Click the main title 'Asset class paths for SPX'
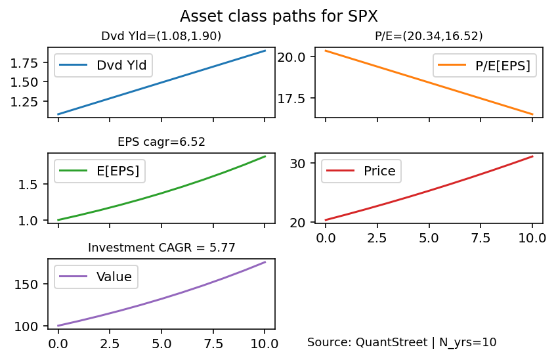pyautogui.click(x=279, y=16)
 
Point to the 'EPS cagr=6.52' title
pyautogui.click(x=161, y=142)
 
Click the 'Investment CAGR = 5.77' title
pyautogui.click(x=161, y=248)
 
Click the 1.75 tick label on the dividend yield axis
pyautogui.click(x=24, y=63)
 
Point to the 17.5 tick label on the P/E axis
pyautogui.click(x=291, y=99)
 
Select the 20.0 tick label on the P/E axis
pyautogui.click(x=291, y=56)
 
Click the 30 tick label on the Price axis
pyautogui.click(x=298, y=164)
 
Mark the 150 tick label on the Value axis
pyautogui.click(x=26, y=284)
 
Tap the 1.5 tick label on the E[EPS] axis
pyautogui.click(x=28, y=185)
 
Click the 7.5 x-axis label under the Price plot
pyautogui.click(x=481, y=238)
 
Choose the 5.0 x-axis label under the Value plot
pyautogui.click(x=161, y=344)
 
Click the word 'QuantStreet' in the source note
pyautogui.click(x=391, y=342)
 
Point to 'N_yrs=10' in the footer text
pyautogui.click(x=467, y=343)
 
